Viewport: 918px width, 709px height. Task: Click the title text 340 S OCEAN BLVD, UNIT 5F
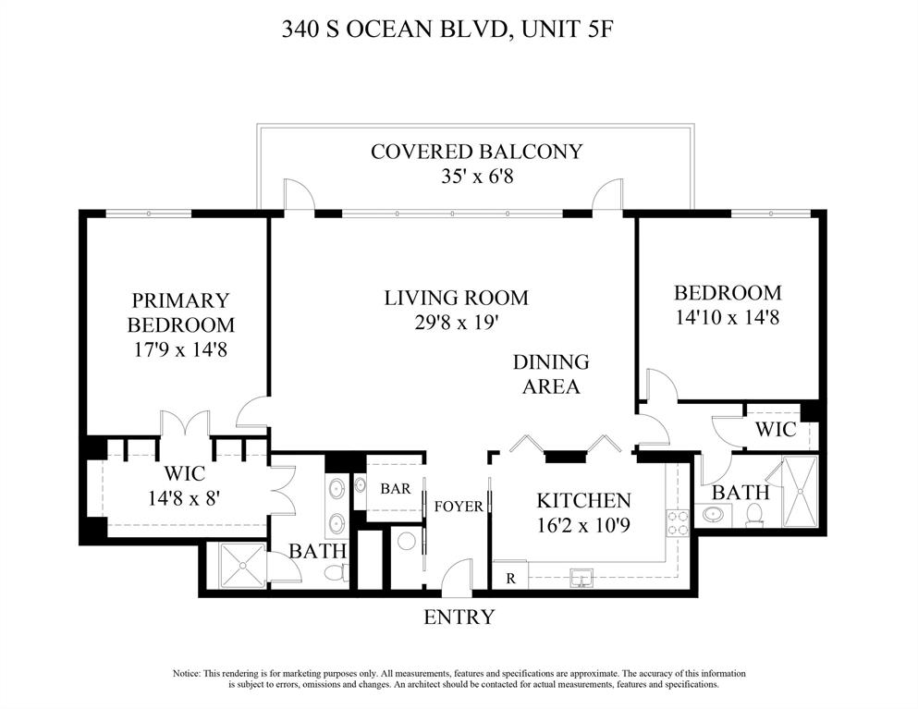click(x=447, y=30)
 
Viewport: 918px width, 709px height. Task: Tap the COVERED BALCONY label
click(x=476, y=152)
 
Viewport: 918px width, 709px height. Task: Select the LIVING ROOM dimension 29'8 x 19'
click(x=456, y=323)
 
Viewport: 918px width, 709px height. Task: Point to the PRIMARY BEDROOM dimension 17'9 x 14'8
click(x=180, y=350)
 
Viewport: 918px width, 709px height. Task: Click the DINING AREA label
click(x=551, y=373)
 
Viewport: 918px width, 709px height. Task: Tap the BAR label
click(x=396, y=488)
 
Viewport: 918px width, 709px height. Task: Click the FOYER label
click(x=458, y=507)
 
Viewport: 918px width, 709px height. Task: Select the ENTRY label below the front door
click(x=459, y=617)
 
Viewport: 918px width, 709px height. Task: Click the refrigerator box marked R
click(x=509, y=577)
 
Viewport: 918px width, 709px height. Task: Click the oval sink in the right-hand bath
click(x=714, y=514)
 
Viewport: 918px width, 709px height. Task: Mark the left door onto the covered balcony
click(x=299, y=195)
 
